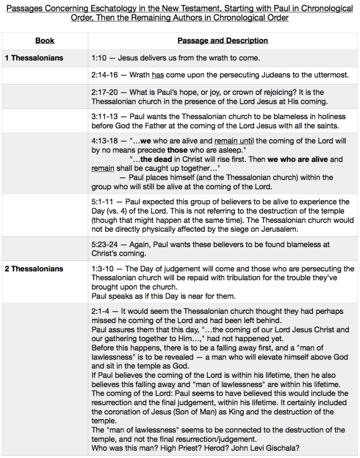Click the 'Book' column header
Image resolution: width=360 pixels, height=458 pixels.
(x=45, y=41)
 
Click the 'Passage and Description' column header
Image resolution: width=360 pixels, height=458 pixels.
(x=223, y=41)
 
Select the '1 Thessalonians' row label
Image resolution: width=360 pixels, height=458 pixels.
(x=34, y=58)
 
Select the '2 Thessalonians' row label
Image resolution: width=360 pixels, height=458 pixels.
(x=34, y=269)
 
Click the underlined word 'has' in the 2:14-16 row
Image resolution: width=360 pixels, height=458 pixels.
(x=158, y=75)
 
